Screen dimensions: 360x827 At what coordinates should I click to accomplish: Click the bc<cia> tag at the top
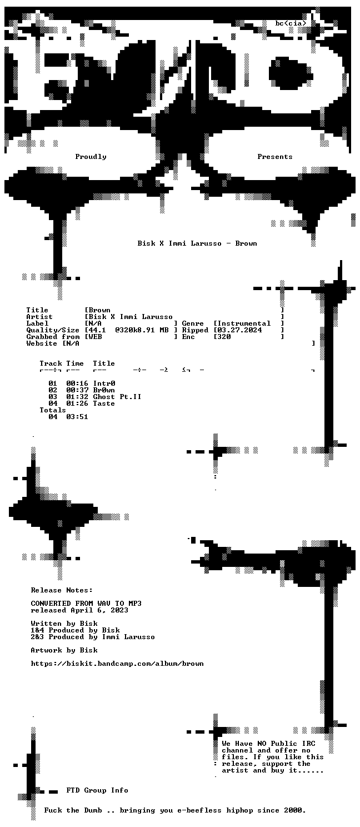click(x=291, y=24)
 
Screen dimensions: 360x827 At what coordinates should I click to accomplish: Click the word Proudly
click(x=91, y=157)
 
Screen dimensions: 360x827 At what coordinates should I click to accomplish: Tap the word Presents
click(x=274, y=157)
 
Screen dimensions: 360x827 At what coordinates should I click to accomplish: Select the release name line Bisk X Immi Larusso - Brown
click(x=197, y=243)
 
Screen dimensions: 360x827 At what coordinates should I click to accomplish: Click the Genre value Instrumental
click(x=244, y=323)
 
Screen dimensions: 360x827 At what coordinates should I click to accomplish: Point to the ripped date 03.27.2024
click(x=239, y=330)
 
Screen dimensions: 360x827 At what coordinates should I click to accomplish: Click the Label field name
click(x=37, y=323)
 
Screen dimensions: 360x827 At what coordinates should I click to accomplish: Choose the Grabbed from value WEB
click(x=95, y=337)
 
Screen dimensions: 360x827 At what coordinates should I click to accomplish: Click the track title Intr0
click(x=104, y=383)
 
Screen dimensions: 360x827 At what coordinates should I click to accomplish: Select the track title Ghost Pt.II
click(x=117, y=397)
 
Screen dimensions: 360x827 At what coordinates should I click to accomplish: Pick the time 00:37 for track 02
click(x=77, y=390)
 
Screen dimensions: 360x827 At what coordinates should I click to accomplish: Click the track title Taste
click(x=104, y=403)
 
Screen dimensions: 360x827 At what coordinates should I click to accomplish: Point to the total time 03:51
click(x=77, y=417)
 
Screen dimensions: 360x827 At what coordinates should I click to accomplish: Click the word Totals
click(x=53, y=410)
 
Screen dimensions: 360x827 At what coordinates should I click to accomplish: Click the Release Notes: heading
click(x=62, y=590)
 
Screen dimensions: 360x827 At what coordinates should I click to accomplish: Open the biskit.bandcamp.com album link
click(x=117, y=664)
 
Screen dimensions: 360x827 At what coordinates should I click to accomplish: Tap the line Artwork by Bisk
click(x=64, y=650)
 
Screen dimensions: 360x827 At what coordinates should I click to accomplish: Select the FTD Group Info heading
click(x=97, y=790)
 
